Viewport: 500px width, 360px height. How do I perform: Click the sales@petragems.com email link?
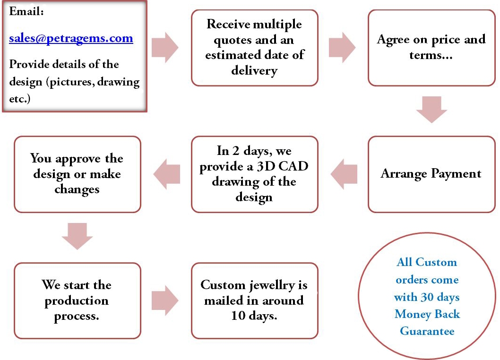[71, 38]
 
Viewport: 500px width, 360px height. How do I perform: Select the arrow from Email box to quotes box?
[165, 48]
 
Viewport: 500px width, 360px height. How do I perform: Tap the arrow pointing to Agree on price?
[342, 48]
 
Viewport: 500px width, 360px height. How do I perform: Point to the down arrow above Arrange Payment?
[431, 109]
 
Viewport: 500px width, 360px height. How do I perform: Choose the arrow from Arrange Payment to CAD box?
[344, 174]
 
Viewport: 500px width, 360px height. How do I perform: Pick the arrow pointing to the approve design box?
[166, 174]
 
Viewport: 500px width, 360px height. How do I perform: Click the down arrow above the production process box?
[78, 235]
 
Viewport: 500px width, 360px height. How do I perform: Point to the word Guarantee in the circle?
[427, 331]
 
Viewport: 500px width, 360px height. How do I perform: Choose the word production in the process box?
[77, 301]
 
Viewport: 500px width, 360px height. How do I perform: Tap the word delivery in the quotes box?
[254, 70]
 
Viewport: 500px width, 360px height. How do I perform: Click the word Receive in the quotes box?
[228, 24]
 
